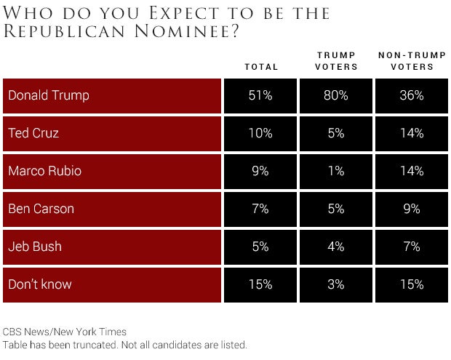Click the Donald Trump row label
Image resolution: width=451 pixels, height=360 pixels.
[49, 95]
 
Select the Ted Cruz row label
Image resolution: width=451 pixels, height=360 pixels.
[33, 133]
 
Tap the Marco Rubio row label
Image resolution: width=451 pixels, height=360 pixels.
[44, 171]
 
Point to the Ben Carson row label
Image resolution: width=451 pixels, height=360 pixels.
[41, 209]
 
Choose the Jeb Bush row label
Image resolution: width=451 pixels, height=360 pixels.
[35, 247]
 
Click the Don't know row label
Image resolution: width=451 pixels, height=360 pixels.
[40, 284]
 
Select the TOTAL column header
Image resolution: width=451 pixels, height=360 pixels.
[261, 67]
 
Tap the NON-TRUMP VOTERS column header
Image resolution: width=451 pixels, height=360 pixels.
[412, 61]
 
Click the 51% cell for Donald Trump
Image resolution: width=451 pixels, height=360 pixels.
[260, 95]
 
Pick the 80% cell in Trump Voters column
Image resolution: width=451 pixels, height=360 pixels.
[336, 95]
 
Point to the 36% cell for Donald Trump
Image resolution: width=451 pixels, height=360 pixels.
[412, 95]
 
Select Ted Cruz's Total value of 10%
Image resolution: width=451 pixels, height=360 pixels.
[260, 133]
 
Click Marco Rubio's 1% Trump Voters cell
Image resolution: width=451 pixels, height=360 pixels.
[336, 171]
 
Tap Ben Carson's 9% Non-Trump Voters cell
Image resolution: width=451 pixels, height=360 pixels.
[412, 209]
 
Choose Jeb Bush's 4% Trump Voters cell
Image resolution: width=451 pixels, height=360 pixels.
[336, 247]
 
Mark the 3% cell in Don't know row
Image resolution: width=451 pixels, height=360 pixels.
[336, 284]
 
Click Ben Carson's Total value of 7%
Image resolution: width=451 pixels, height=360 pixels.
[260, 209]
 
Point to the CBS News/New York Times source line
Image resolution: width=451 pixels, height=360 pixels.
[64, 332]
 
